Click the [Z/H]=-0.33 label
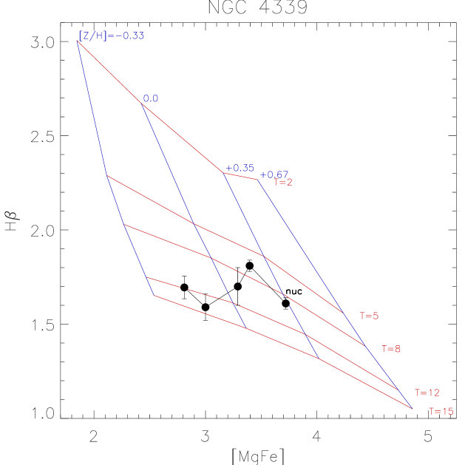[x=111, y=35]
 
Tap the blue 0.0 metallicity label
[x=151, y=98]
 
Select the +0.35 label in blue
[x=240, y=168]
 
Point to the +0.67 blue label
[x=274, y=174]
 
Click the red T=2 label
[x=283, y=183]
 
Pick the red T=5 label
[x=369, y=316]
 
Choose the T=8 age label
[x=391, y=349]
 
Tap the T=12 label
[x=427, y=393]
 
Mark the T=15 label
[x=441, y=412]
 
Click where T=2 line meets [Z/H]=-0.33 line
[x=77, y=41]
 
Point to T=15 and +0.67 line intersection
[x=412, y=408]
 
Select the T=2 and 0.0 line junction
[x=142, y=103]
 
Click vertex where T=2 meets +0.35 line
[x=223, y=173]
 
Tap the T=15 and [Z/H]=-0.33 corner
[x=155, y=296]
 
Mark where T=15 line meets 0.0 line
[x=246, y=328]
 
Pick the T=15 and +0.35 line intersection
[x=319, y=359]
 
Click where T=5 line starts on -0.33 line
[x=106, y=175]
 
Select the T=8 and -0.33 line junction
[x=123, y=224]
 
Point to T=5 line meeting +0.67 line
[x=344, y=313]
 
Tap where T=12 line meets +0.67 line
[x=399, y=390]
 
